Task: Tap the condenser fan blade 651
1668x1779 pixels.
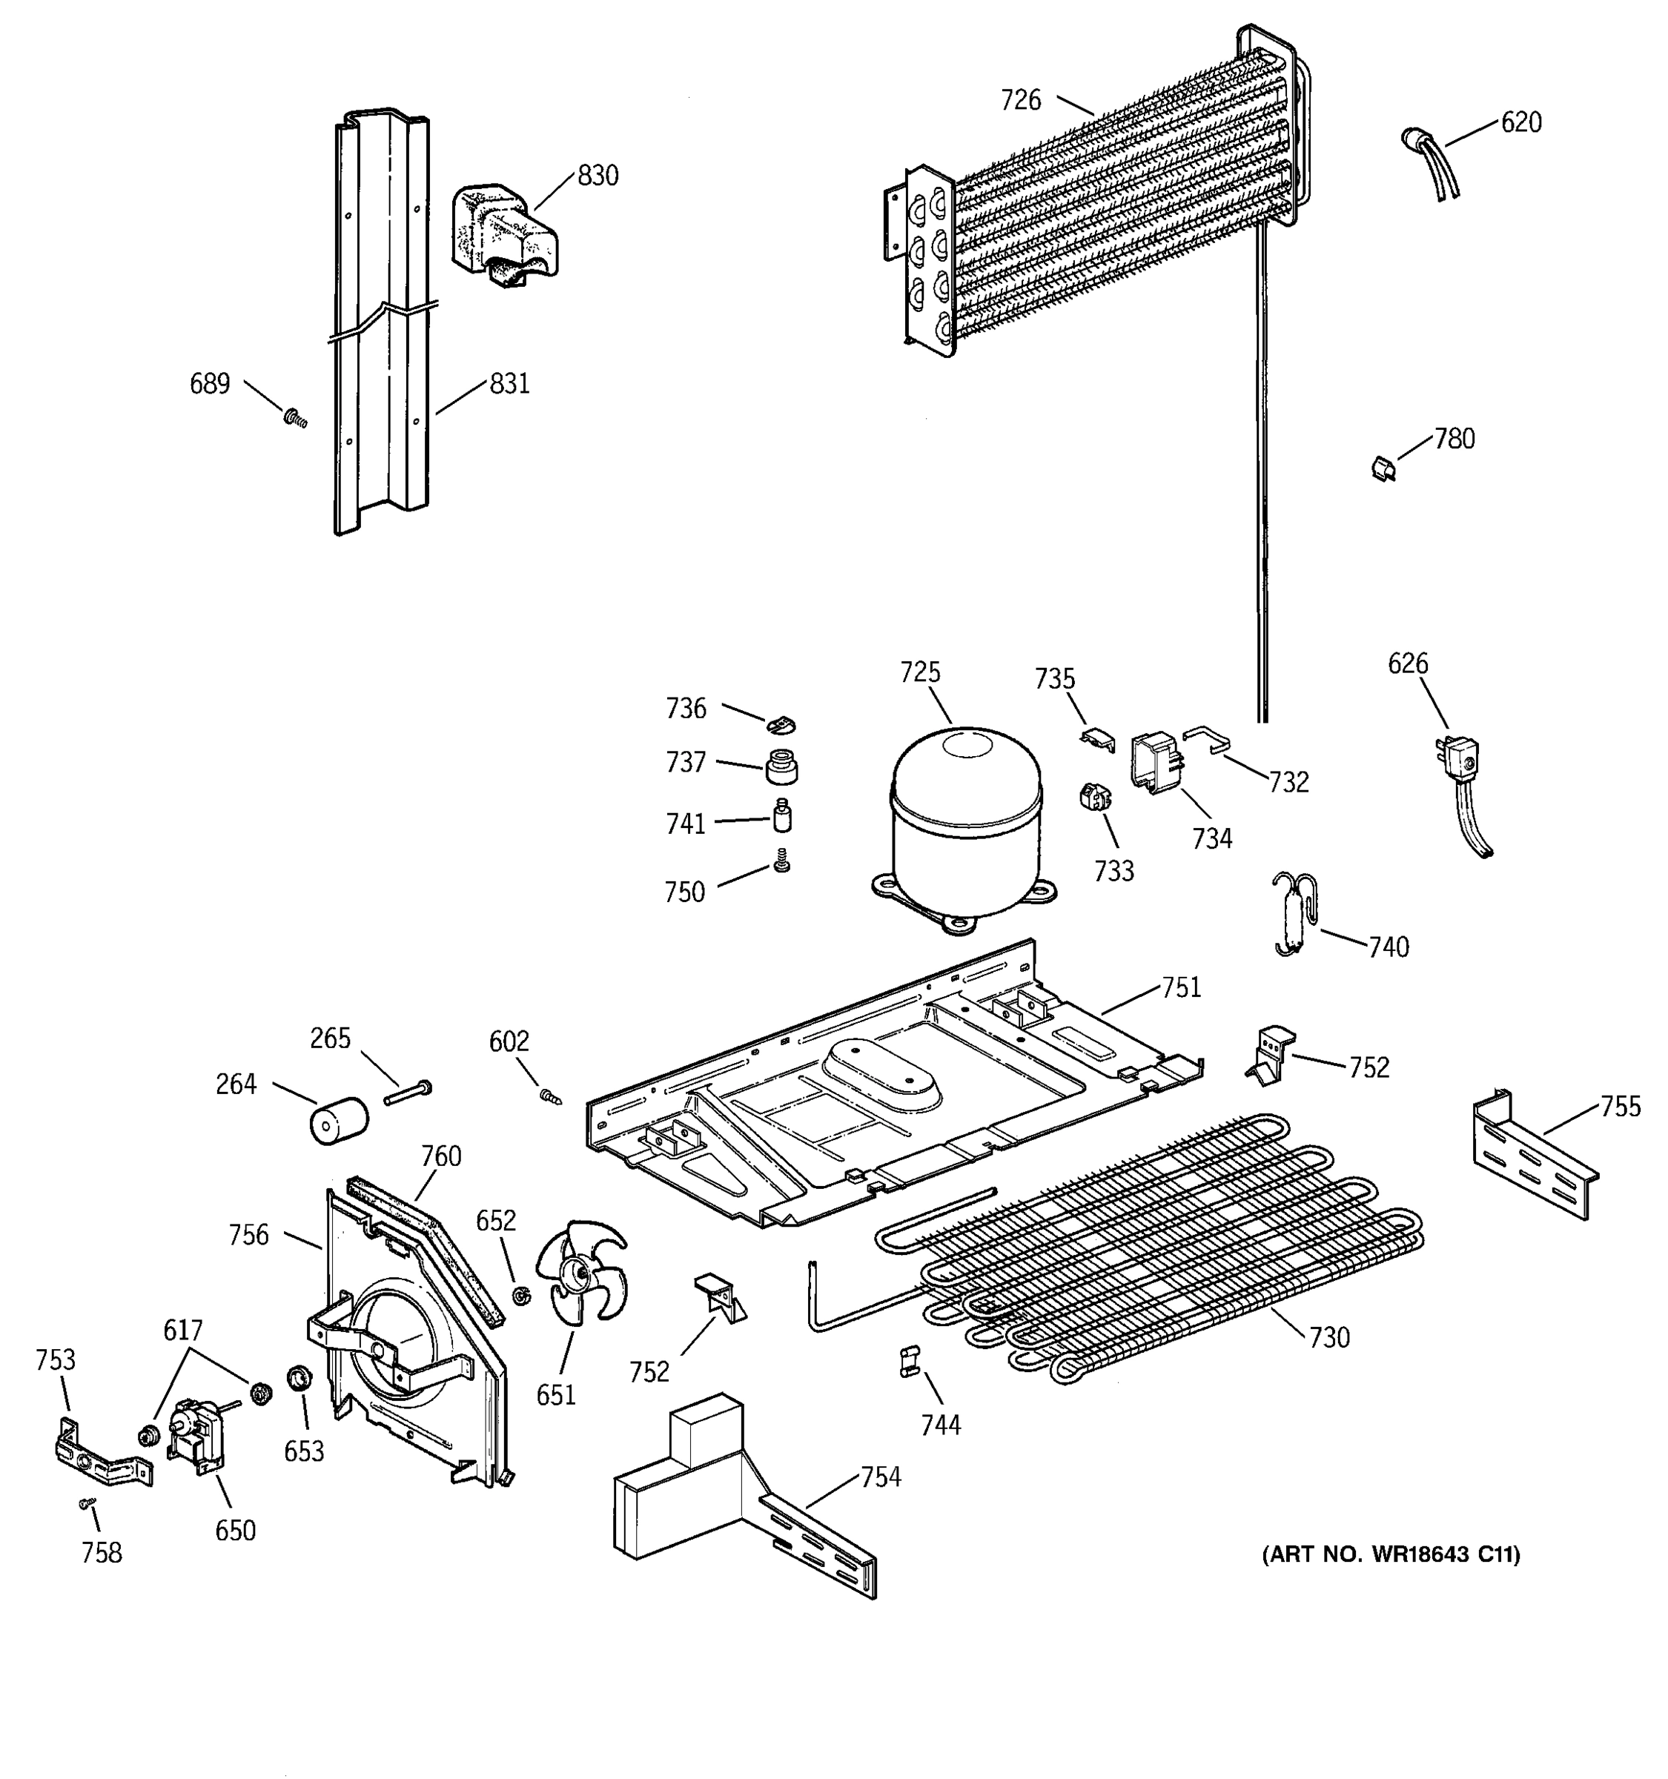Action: pyautogui.click(x=580, y=1271)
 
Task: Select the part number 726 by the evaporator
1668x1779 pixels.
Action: pyautogui.click(x=1021, y=100)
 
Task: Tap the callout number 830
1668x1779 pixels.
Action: pyautogui.click(x=598, y=176)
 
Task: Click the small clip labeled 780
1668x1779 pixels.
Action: pyautogui.click(x=1383, y=467)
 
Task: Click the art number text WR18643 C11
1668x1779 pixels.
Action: pyautogui.click(x=1391, y=1555)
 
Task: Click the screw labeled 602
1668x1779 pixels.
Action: pyautogui.click(x=549, y=1096)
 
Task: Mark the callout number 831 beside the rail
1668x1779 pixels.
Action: pyautogui.click(x=509, y=384)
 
